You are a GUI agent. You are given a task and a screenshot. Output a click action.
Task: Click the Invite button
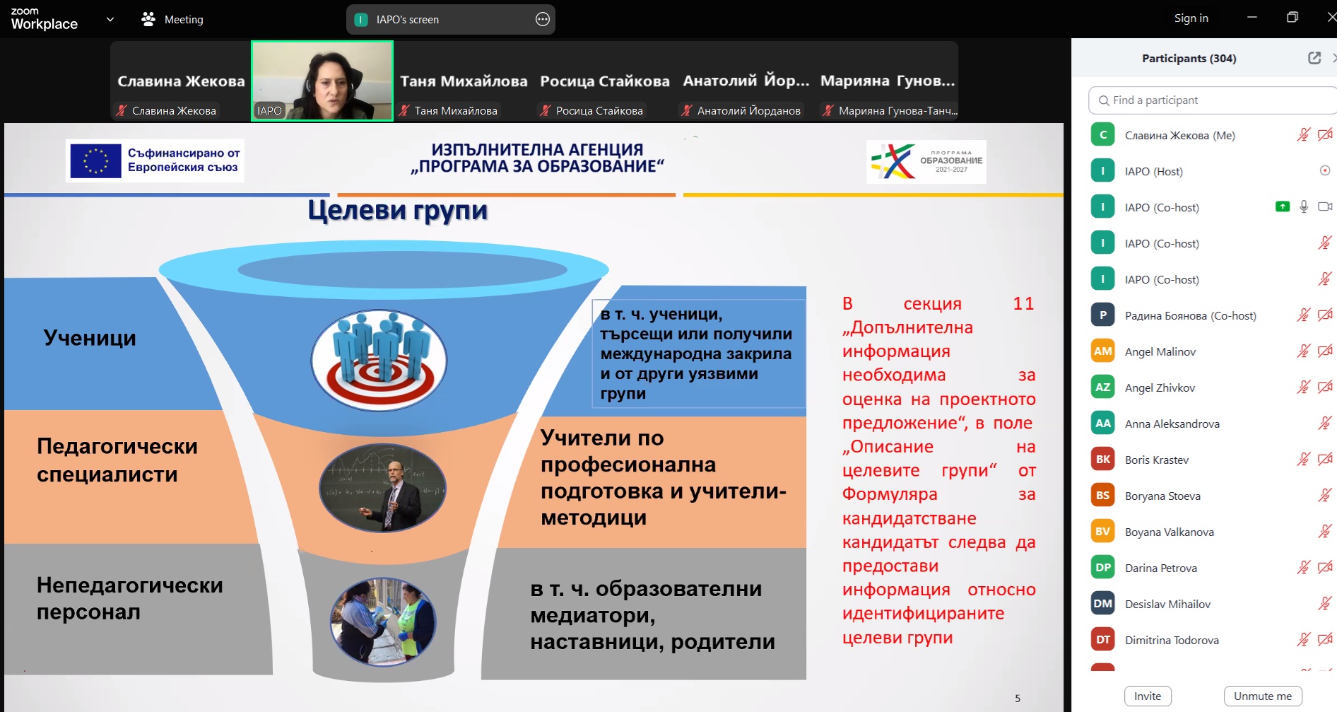pyautogui.click(x=1148, y=696)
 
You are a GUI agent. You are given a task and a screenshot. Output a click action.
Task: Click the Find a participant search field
pyautogui.click(x=1213, y=100)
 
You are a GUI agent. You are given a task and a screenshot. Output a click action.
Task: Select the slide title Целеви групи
pyautogui.click(x=398, y=211)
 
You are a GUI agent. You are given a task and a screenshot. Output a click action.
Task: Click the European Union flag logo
pyautogui.click(x=95, y=161)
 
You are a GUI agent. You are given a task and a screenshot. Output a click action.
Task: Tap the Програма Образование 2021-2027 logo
pyautogui.click(x=926, y=162)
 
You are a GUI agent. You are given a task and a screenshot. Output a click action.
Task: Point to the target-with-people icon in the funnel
pyautogui.click(x=379, y=360)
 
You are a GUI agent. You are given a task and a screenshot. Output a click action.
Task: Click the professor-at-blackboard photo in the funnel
pyautogui.click(x=382, y=488)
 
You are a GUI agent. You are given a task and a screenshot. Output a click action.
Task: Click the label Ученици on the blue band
pyautogui.click(x=90, y=338)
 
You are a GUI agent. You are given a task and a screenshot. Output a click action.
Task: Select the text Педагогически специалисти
pyautogui.click(x=117, y=460)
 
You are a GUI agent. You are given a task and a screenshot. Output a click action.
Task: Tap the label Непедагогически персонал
pyautogui.click(x=130, y=598)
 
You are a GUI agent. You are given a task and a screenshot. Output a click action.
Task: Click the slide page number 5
pyautogui.click(x=1018, y=699)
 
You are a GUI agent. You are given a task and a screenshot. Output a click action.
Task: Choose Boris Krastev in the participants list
pyautogui.click(x=1157, y=460)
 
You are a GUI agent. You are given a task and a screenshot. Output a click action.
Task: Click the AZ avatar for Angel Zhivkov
pyautogui.click(x=1103, y=387)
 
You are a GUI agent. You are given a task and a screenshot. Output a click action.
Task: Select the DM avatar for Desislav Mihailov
pyautogui.click(x=1103, y=604)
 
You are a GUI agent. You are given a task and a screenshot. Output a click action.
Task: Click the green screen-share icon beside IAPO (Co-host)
pyautogui.click(x=1283, y=206)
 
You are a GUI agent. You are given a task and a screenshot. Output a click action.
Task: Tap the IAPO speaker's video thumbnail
pyautogui.click(x=322, y=81)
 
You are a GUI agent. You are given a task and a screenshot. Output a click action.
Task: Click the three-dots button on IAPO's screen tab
pyautogui.click(x=543, y=20)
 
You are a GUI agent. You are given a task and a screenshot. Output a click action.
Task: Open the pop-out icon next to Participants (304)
pyautogui.click(x=1314, y=58)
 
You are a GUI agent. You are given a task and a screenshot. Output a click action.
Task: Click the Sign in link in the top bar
pyautogui.click(x=1191, y=18)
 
